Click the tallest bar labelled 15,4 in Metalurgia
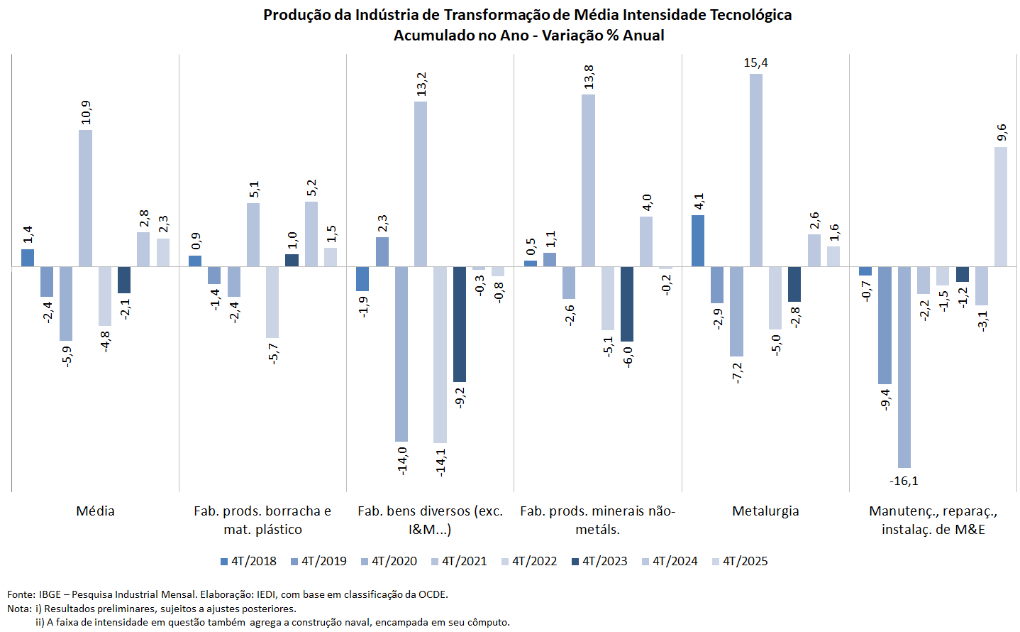(x=756, y=170)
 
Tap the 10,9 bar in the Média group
(x=85, y=198)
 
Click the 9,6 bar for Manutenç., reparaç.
(x=1001, y=207)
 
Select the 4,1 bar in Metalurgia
(x=698, y=241)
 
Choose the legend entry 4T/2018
(x=248, y=561)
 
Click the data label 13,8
(x=589, y=77)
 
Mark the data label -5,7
(x=273, y=353)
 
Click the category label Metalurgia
(x=765, y=511)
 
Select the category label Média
(x=95, y=511)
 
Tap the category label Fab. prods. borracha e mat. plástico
(x=262, y=520)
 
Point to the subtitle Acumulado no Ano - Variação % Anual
(x=528, y=36)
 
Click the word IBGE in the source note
(x=50, y=594)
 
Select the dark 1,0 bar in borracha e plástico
(x=292, y=261)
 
